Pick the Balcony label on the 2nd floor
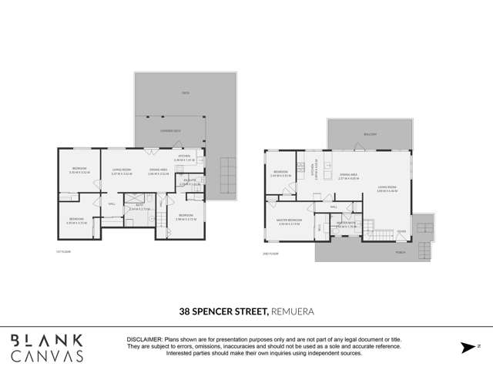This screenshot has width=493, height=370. pyautogui.click(x=371, y=134)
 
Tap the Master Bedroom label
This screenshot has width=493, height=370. pyautogui.click(x=290, y=220)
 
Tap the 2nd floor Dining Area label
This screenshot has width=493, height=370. pyautogui.click(x=349, y=174)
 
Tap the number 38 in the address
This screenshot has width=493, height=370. pyautogui.click(x=186, y=311)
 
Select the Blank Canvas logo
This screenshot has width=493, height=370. pyautogui.click(x=47, y=348)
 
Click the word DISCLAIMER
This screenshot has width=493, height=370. pyautogui.click(x=144, y=340)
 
